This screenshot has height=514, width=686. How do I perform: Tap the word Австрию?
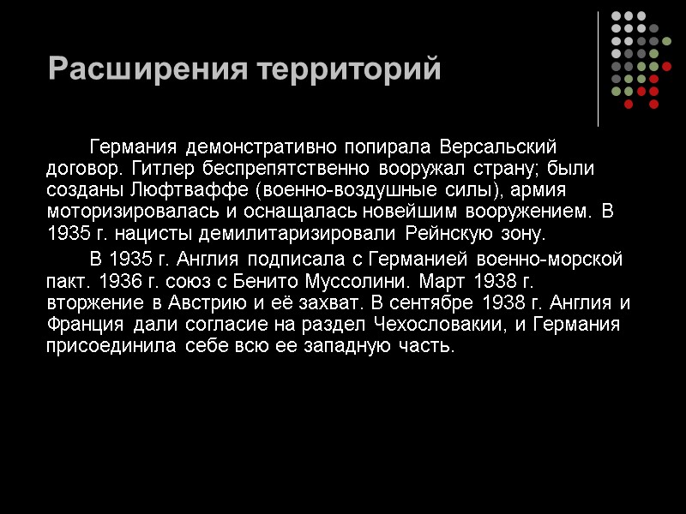click(x=159, y=303)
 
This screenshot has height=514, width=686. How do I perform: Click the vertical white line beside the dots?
click(x=599, y=69)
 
